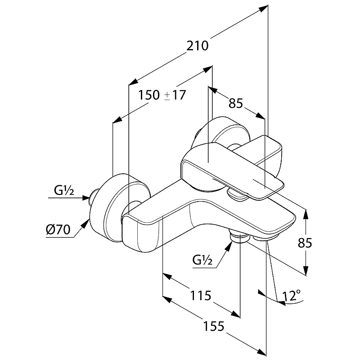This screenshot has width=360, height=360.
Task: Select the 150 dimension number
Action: (x=149, y=95)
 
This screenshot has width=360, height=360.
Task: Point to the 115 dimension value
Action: (x=200, y=296)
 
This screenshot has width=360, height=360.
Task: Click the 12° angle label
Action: (x=292, y=296)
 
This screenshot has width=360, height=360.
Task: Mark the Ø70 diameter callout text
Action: (x=57, y=230)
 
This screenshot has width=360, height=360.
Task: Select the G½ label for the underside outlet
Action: (x=203, y=260)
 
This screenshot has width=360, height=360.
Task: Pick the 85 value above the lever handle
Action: (x=236, y=103)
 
